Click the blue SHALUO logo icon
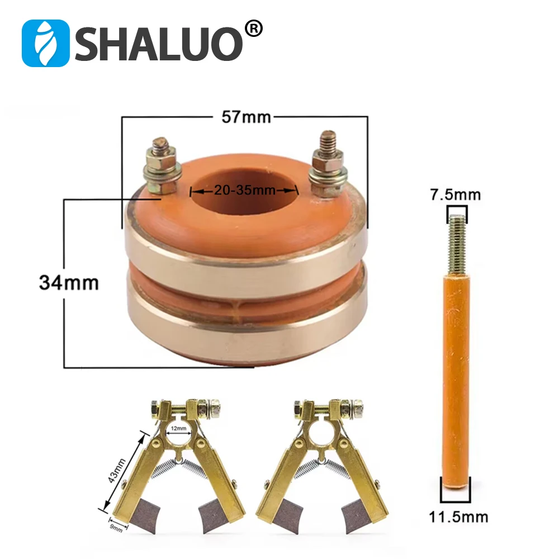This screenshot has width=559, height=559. pos(45,44)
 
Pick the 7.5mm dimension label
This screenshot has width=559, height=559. pos(456,195)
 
